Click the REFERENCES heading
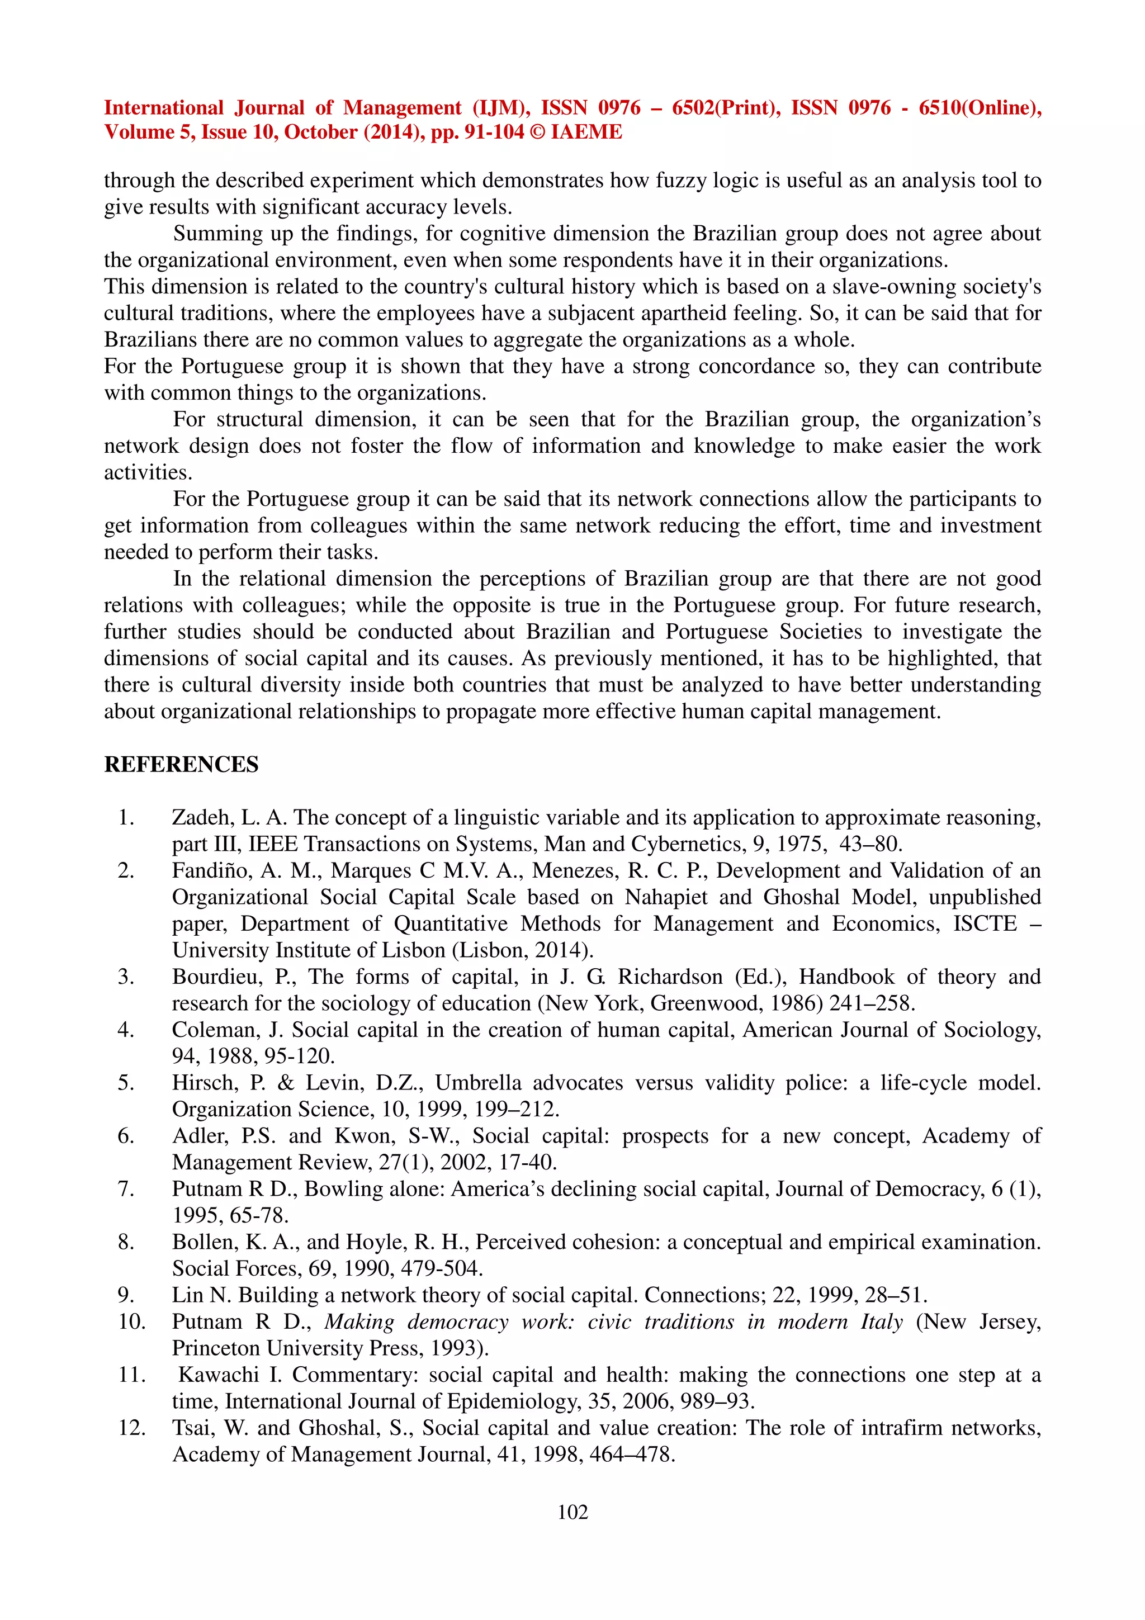[x=181, y=764]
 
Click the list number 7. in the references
[x=126, y=1189]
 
